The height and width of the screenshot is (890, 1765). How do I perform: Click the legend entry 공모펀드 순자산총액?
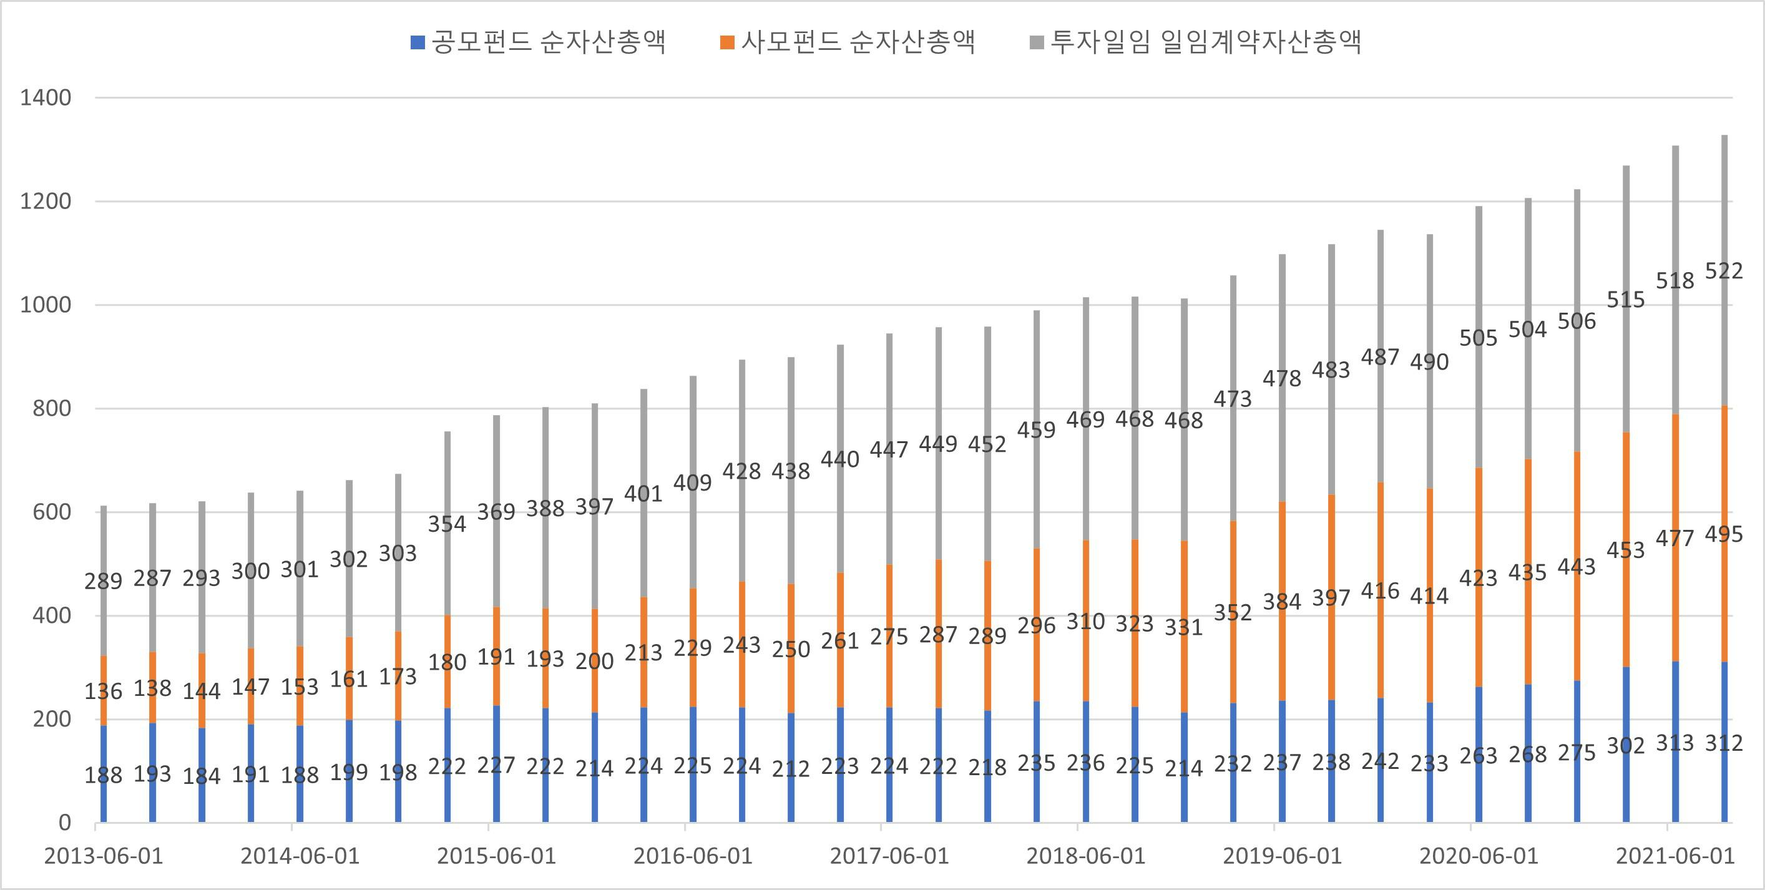coord(539,42)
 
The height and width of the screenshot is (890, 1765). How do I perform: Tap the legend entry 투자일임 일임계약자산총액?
coord(1196,42)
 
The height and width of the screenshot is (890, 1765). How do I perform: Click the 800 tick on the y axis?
coord(51,409)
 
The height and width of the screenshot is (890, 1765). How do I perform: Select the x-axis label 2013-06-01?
coord(104,856)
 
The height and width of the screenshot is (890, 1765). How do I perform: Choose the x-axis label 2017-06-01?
coord(889,856)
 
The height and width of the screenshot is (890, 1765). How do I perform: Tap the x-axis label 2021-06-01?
coord(1675,856)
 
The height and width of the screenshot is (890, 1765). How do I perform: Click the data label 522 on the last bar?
coord(1723,271)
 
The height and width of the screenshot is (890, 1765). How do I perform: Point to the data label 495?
coord(1723,534)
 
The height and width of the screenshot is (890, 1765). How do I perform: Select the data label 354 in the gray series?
coord(447,524)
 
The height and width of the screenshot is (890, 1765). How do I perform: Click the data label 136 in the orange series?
coord(104,692)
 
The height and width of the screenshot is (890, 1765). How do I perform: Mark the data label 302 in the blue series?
coord(1625,745)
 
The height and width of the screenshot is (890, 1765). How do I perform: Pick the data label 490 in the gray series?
coord(1429,363)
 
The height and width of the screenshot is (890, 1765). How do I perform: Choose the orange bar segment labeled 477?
coord(1675,479)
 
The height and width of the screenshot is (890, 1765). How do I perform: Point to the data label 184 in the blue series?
coord(202,776)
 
